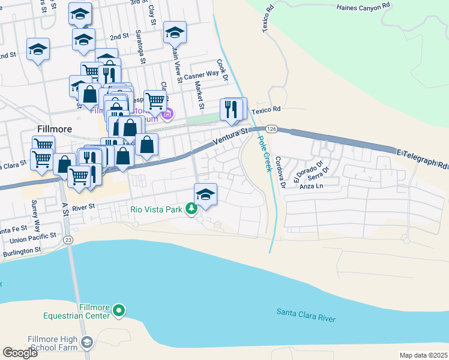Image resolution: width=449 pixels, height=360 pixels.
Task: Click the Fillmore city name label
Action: pyautogui.click(x=55, y=129)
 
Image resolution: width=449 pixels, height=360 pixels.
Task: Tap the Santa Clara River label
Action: pyautogui.click(x=306, y=316)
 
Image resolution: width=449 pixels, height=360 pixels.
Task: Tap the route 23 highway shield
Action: pyautogui.click(x=68, y=240)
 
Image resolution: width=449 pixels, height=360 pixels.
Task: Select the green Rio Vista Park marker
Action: pyautogui.click(x=191, y=209)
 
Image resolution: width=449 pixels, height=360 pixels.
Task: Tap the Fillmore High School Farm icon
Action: pyautogui.click(x=86, y=343)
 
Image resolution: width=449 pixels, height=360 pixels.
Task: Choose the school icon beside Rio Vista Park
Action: pyautogui.click(x=205, y=194)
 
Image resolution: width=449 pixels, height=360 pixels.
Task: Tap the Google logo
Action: pyautogui.click(x=20, y=353)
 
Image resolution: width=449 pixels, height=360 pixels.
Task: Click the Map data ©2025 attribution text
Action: pyautogui.click(x=423, y=355)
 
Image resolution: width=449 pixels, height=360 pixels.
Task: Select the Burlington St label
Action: pyautogui.click(x=20, y=249)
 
